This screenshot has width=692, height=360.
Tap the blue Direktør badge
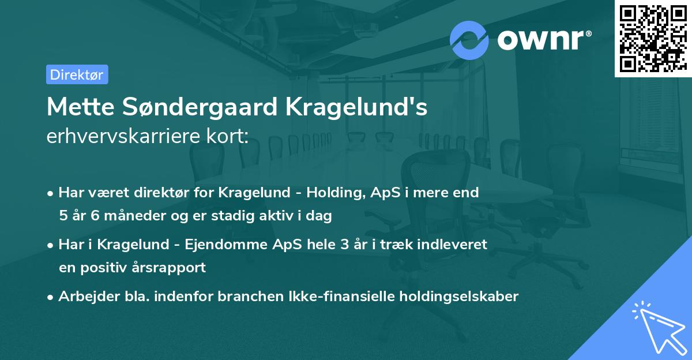(77, 74)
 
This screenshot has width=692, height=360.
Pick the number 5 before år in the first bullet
(63, 216)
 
